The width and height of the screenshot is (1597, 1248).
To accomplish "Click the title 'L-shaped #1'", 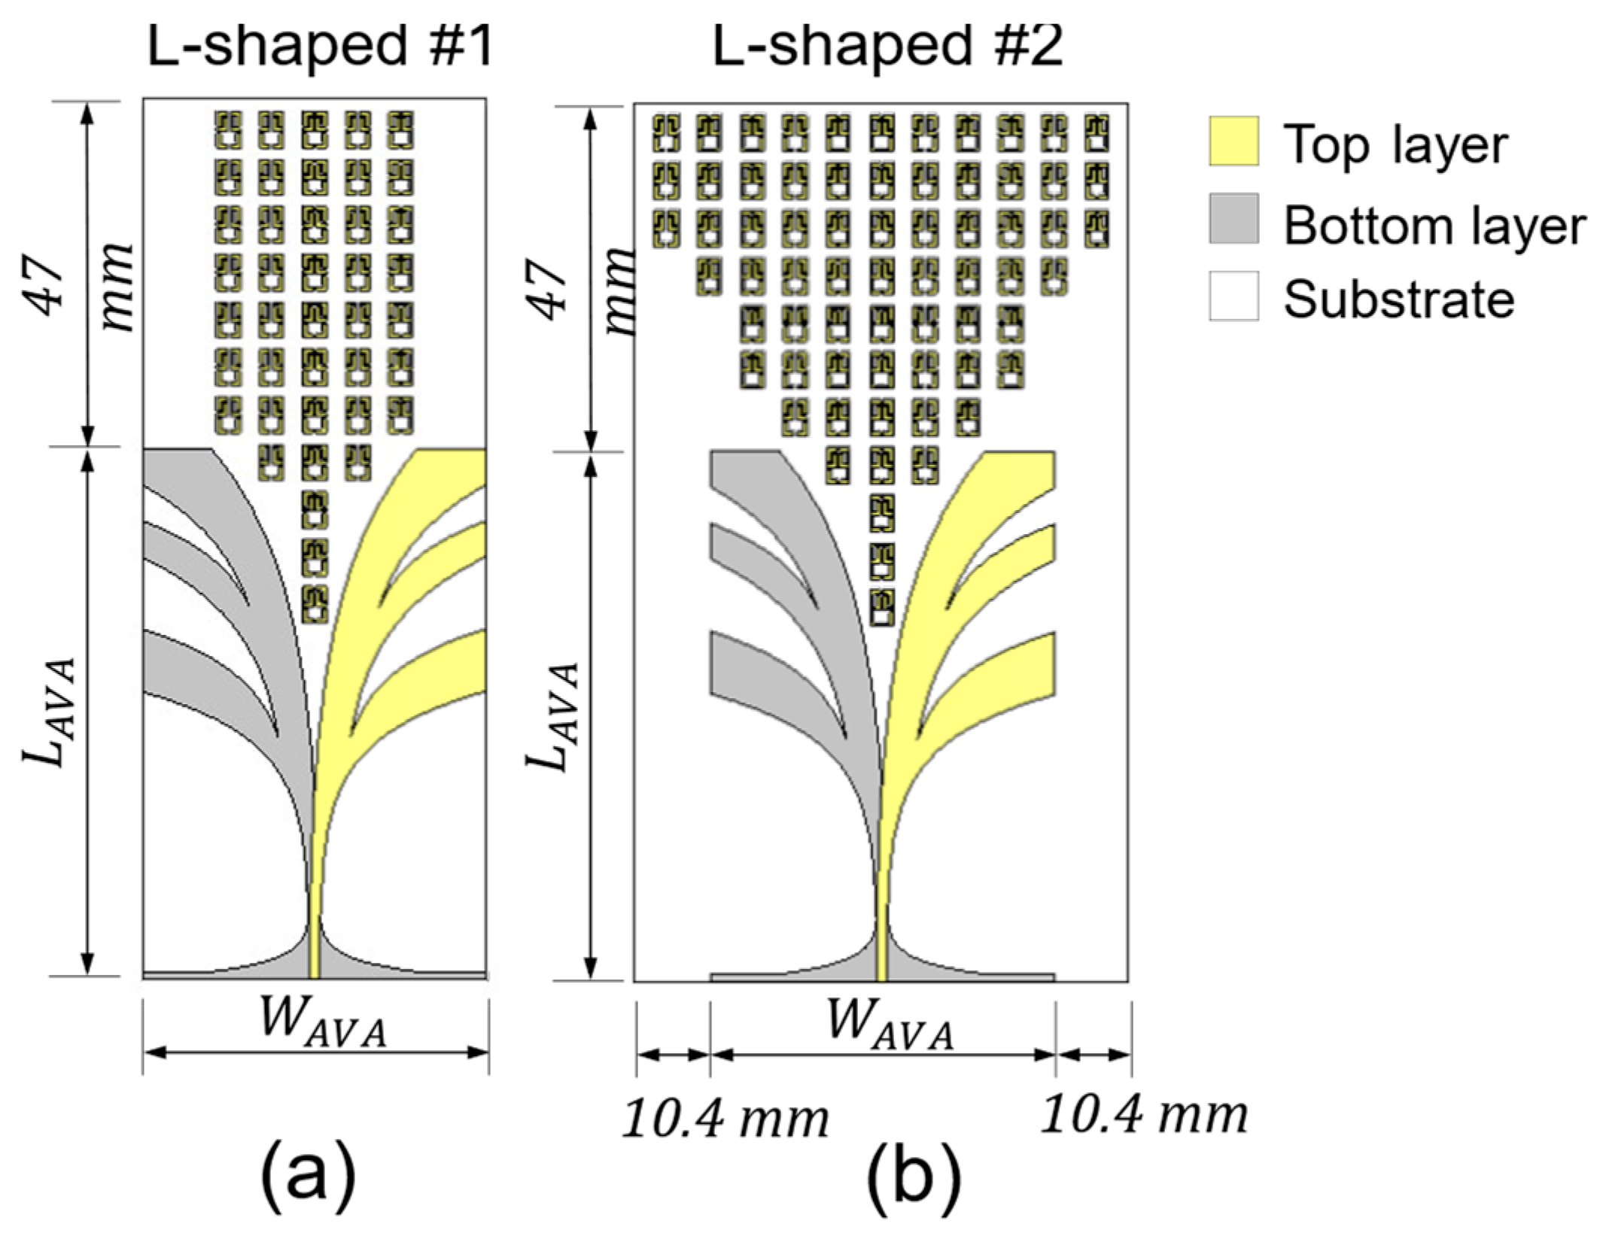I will pyautogui.click(x=320, y=47).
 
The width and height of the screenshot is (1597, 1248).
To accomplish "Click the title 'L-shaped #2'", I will pyautogui.click(x=887, y=47).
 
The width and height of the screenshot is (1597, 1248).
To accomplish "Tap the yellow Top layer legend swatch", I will pyautogui.click(x=1233, y=141).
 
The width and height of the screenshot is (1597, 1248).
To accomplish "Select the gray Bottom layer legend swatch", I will pyautogui.click(x=1233, y=219).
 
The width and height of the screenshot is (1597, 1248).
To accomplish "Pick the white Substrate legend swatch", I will pyautogui.click(x=1233, y=296).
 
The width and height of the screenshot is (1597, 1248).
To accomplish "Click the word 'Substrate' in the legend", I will pyautogui.click(x=1398, y=299).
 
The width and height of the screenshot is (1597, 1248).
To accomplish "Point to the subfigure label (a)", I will pyautogui.click(x=308, y=1179).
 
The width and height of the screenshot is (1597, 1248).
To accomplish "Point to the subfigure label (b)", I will pyautogui.click(x=914, y=1179).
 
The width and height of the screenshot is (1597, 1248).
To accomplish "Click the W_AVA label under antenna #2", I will pyautogui.click(x=890, y=1025).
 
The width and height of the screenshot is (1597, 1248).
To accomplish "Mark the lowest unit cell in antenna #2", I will pyautogui.click(x=882, y=608).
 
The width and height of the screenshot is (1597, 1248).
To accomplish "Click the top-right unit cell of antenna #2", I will pyautogui.click(x=1097, y=132).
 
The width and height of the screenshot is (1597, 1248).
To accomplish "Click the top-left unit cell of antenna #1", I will pyautogui.click(x=228, y=129).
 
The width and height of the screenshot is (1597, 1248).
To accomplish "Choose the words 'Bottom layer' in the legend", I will pyautogui.click(x=1434, y=225).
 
